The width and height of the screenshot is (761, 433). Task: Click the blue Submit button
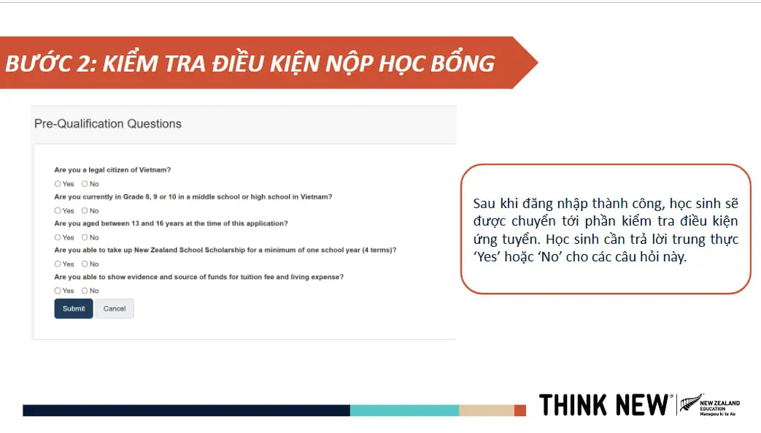tap(73, 309)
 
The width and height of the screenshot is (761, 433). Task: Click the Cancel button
tap(115, 309)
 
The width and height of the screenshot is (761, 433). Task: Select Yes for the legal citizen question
tap(58, 184)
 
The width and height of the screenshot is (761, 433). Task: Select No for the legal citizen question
tap(85, 184)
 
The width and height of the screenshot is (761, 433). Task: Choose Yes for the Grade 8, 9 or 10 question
tap(58, 210)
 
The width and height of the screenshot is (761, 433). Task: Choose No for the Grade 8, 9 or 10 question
tap(85, 210)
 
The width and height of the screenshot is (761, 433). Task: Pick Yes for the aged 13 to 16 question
tap(58, 237)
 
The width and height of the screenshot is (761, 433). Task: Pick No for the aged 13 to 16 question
tap(85, 237)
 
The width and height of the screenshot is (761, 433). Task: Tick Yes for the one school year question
tap(58, 264)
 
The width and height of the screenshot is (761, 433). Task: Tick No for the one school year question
tap(85, 264)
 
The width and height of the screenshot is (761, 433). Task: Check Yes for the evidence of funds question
tap(58, 291)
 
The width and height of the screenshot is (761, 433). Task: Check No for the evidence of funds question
tap(85, 291)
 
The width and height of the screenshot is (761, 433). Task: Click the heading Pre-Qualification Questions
tap(108, 124)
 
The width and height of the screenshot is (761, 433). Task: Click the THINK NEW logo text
tap(603, 405)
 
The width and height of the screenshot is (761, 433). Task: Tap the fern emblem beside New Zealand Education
tap(690, 403)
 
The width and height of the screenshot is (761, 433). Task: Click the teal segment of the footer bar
tap(405, 410)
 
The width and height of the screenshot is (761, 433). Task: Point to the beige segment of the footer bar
tap(487, 410)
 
